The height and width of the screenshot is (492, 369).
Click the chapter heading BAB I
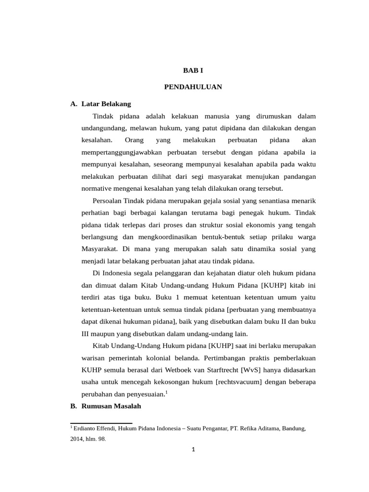(x=193, y=70)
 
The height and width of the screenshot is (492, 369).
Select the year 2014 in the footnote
(x=77, y=439)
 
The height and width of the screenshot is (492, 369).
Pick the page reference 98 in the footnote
(x=102, y=439)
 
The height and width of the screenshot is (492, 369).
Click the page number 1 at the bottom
(x=193, y=450)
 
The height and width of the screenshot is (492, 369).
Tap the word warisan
(x=94, y=358)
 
